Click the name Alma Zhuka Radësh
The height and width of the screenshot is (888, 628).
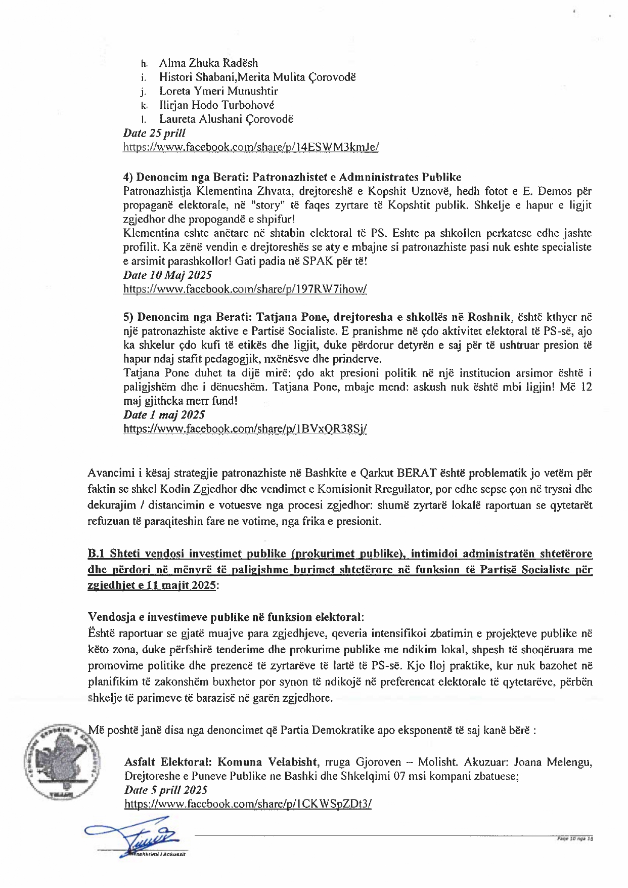coord(208,63)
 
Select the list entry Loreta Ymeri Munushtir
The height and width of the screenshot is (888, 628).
coord(218,92)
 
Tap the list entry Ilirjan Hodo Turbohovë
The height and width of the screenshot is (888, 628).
coord(217,105)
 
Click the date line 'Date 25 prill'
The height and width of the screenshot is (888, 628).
coord(154,133)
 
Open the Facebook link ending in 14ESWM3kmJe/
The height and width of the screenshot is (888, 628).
coord(251,147)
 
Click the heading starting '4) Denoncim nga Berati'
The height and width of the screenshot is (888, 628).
coord(292,177)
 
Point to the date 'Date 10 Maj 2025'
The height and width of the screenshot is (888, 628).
coord(167,275)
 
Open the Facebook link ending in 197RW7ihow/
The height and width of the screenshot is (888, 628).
coord(245,289)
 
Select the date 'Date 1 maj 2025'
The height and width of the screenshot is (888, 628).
coord(164,415)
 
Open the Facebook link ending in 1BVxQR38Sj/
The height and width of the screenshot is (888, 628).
coord(245,429)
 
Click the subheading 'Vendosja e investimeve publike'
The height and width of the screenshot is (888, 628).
coord(226,617)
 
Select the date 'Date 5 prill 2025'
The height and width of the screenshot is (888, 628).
coord(166,790)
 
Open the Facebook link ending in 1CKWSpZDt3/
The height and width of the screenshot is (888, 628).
coord(248,804)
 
